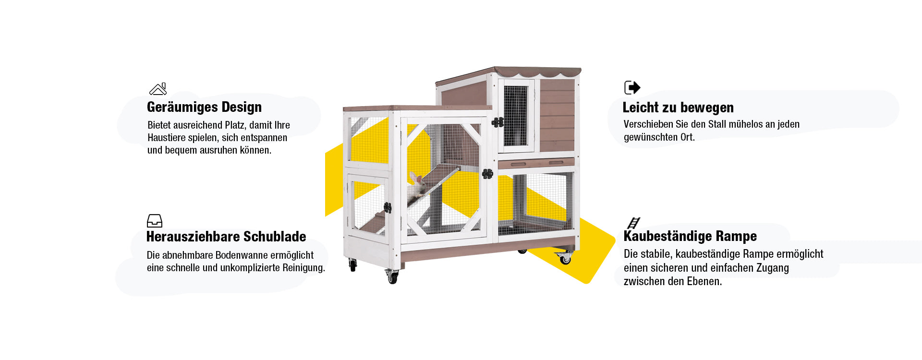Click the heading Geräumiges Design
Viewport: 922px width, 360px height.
204,107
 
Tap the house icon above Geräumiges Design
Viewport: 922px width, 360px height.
158,89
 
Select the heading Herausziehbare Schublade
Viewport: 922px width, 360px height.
226,237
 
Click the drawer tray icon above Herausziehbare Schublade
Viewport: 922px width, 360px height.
155,221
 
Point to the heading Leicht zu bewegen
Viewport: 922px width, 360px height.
678,108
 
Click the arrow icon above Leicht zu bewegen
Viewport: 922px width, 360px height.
632,87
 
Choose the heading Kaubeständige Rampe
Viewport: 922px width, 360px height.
690,236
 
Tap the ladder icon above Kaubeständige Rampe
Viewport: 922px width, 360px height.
633,223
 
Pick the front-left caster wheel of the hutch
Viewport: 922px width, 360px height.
353,264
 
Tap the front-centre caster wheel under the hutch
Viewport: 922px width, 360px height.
392,277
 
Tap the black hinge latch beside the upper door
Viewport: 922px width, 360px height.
497,122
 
